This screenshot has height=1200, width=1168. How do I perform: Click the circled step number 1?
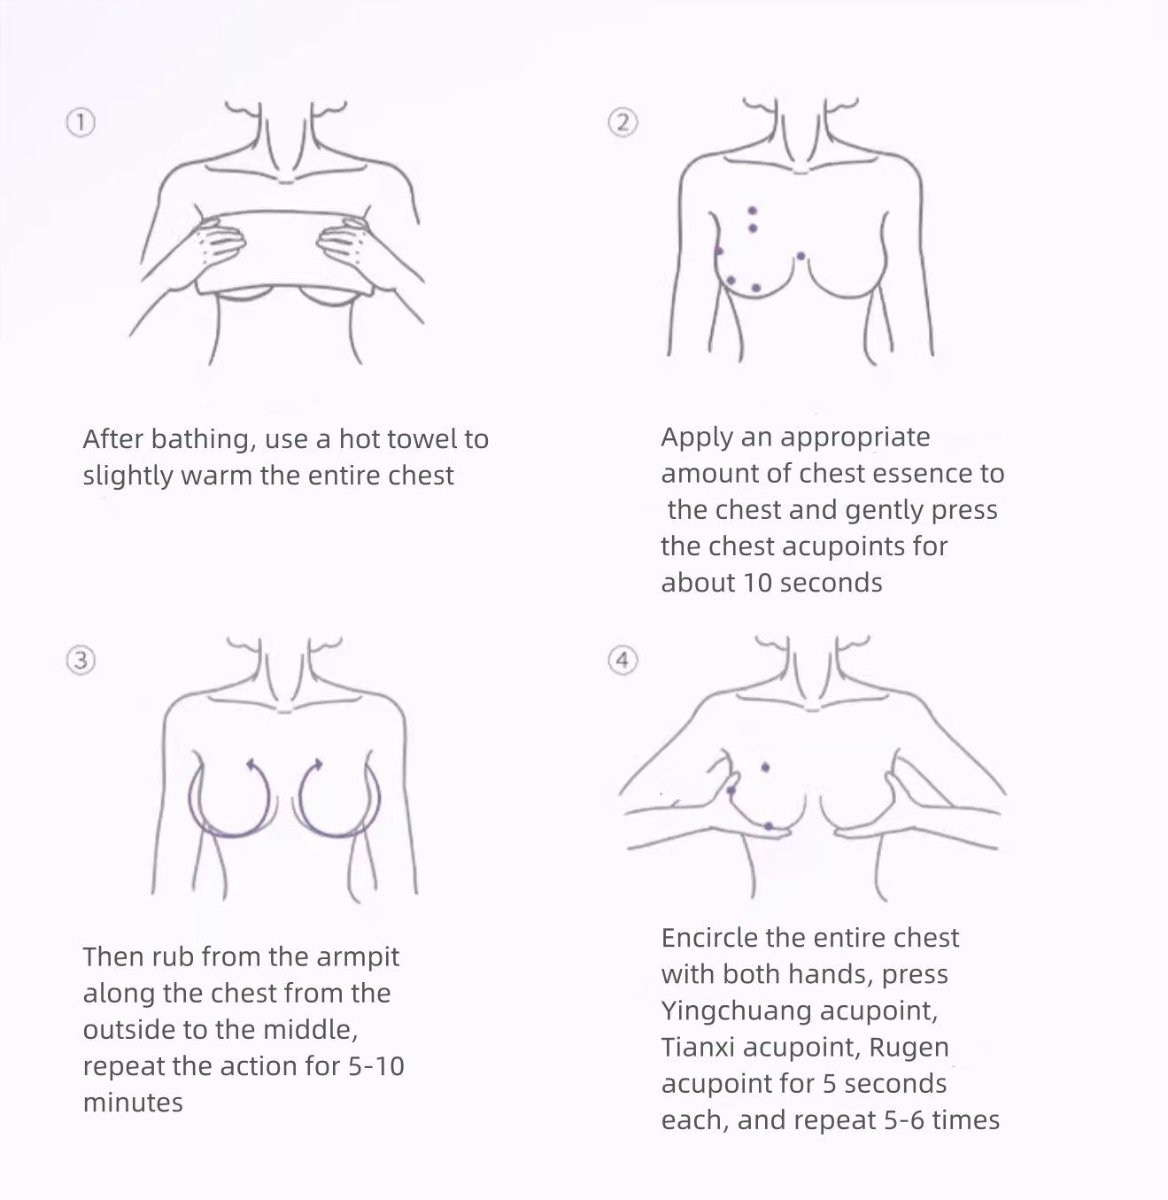point(81,123)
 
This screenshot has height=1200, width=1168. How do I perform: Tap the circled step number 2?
point(623,123)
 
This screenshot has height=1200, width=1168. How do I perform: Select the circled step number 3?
point(81,661)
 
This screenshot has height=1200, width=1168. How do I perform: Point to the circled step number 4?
point(623,661)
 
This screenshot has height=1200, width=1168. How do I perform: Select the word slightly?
point(128,476)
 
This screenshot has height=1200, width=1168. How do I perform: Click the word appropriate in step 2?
point(855,437)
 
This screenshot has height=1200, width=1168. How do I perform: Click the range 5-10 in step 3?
point(376,1066)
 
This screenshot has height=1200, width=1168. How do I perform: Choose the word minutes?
point(133,1103)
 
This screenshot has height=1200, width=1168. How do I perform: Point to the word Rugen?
point(909,1048)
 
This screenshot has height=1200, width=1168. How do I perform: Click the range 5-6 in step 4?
point(905,1120)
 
